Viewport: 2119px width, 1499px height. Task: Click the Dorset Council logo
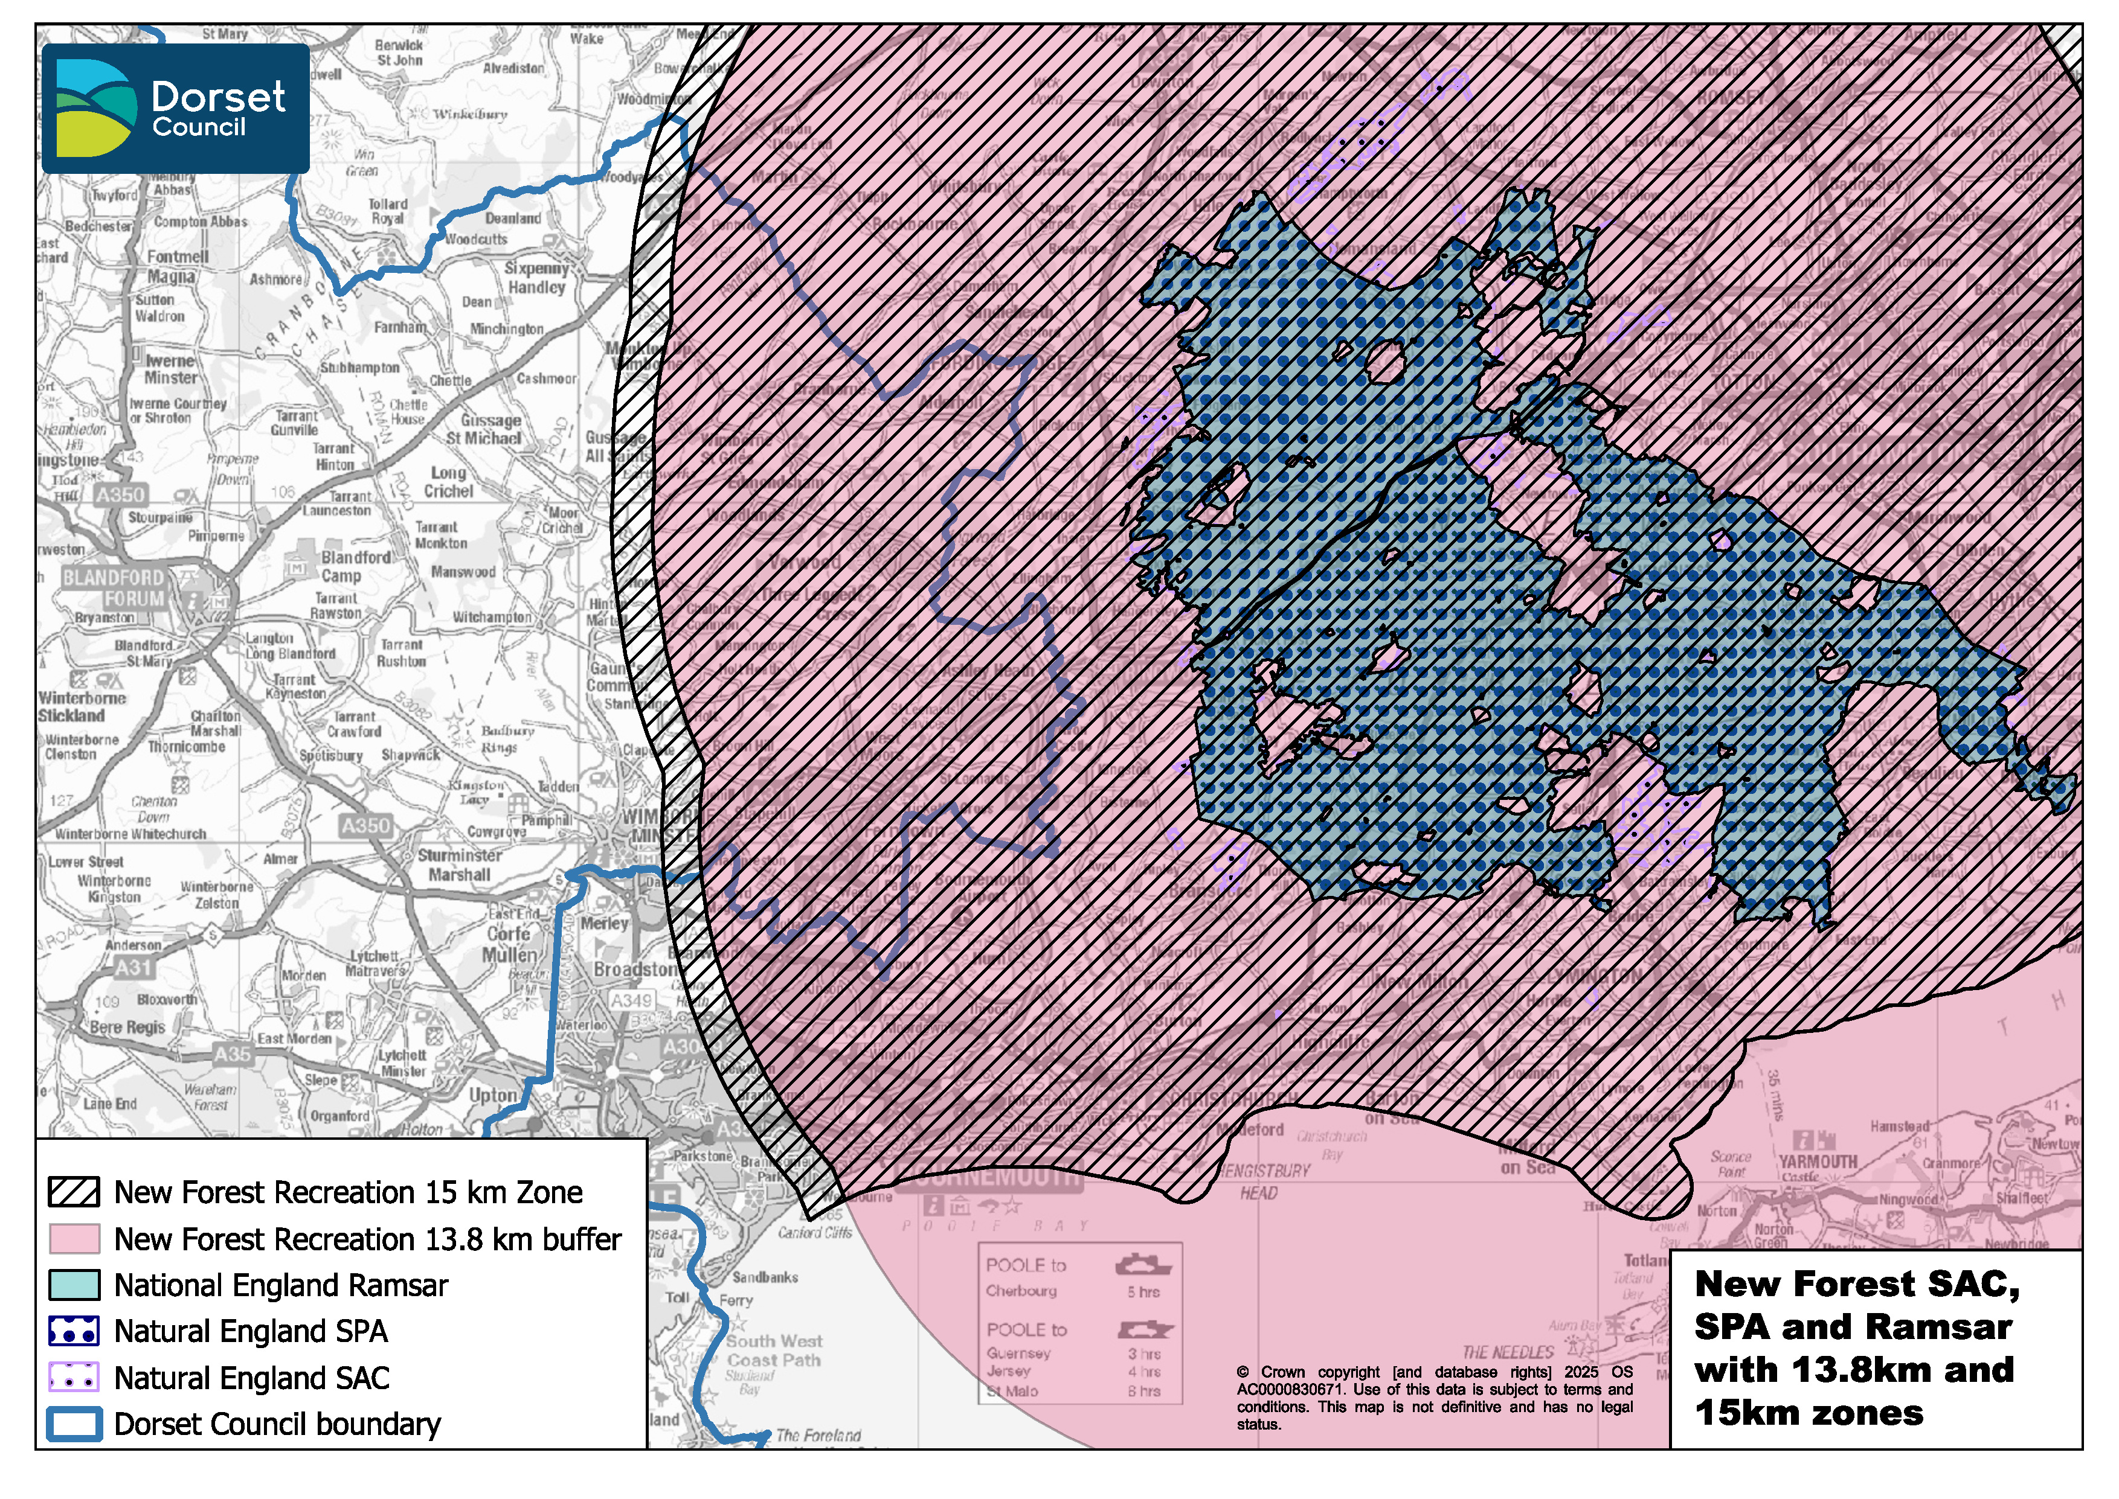pos(175,108)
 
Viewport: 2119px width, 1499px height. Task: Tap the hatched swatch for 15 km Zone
pos(74,1192)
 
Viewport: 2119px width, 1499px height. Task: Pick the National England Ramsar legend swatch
pos(74,1284)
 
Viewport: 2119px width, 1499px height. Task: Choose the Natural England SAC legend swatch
pos(74,1377)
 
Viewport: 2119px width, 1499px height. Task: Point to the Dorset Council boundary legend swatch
pos(74,1424)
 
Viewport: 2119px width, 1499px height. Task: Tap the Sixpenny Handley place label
pos(536,277)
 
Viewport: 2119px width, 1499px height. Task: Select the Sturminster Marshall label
pos(459,865)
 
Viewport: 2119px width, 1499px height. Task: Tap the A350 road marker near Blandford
pos(120,495)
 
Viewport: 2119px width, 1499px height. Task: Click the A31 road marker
pos(133,967)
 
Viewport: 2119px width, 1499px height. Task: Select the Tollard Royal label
pos(388,211)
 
